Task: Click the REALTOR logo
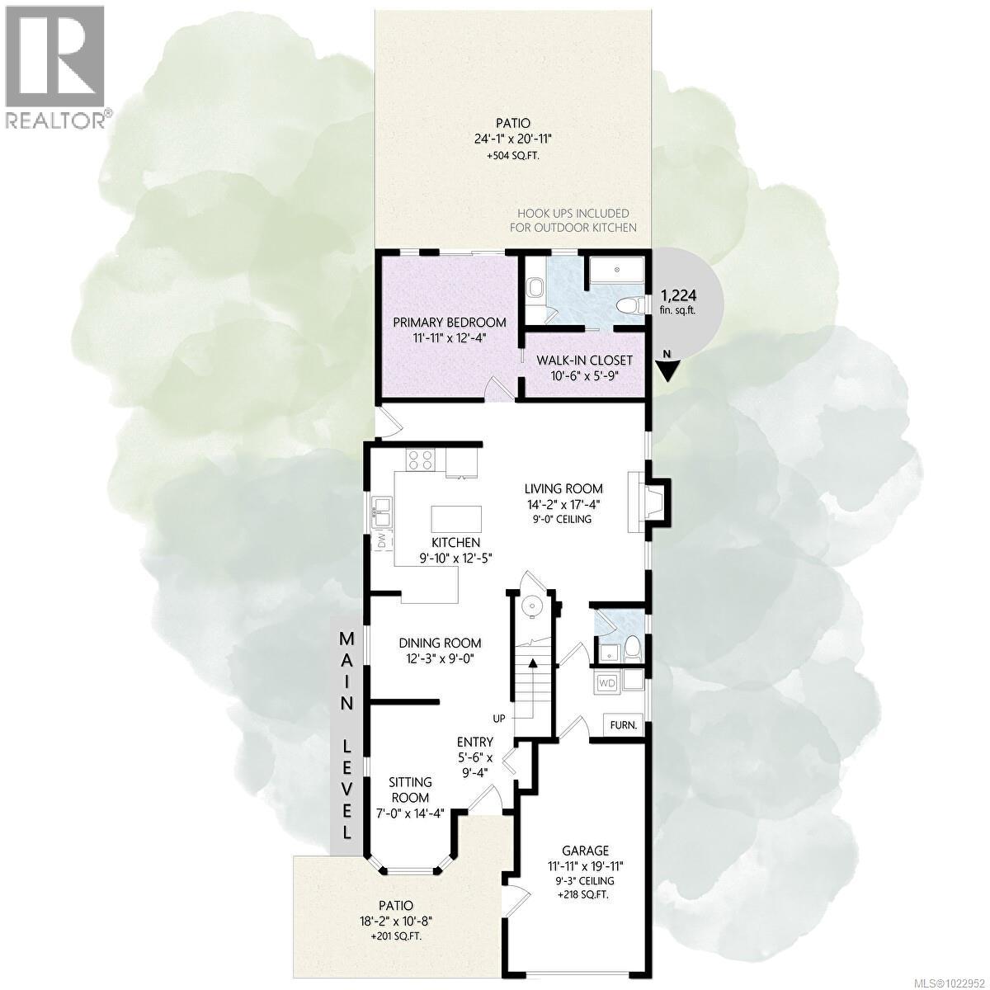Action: pos(54,66)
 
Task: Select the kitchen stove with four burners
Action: pos(420,460)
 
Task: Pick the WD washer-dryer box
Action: pos(607,682)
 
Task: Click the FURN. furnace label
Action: pos(623,725)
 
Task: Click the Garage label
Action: pos(585,851)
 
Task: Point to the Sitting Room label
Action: pos(410,790)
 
